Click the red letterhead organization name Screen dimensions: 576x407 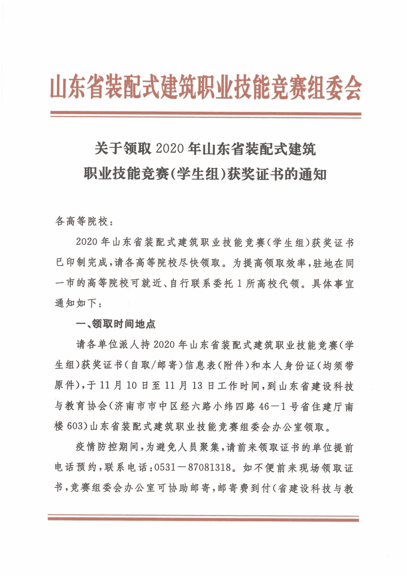205,87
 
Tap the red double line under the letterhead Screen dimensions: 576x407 205,114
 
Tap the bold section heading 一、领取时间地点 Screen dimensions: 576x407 116,324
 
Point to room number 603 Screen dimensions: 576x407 75,426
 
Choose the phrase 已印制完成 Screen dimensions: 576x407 81,262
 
